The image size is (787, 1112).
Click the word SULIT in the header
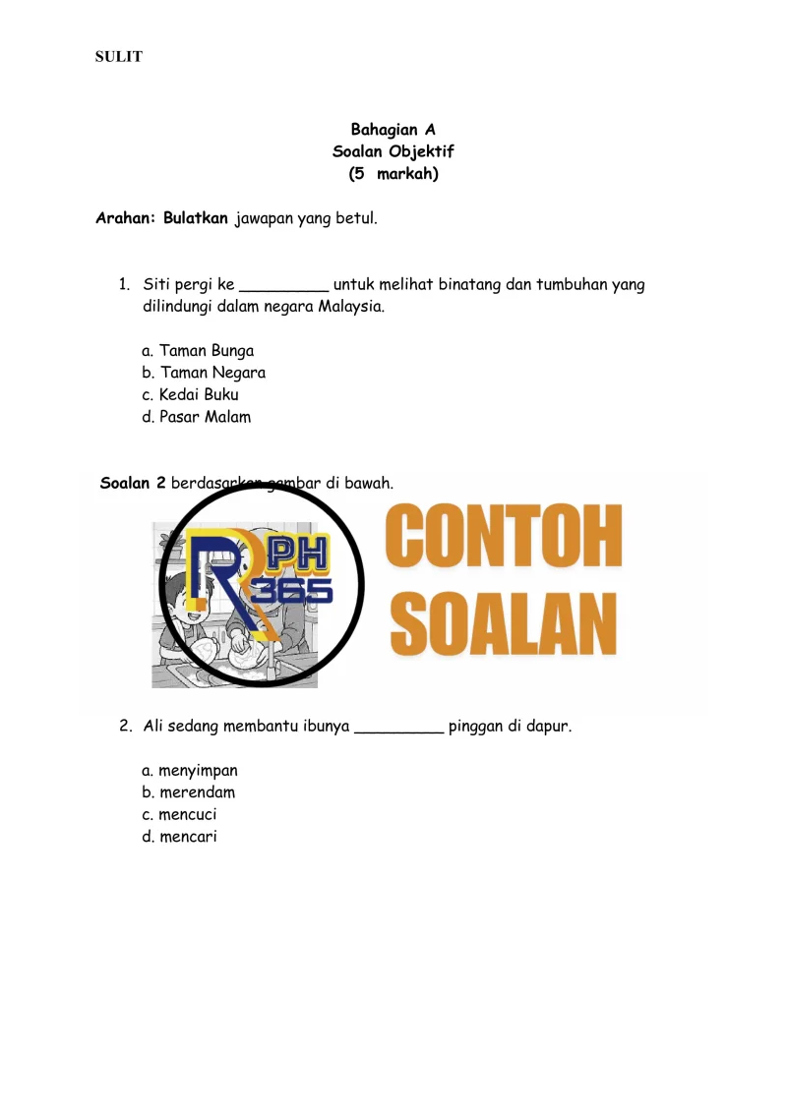tap(118, 57)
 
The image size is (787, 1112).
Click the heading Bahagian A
tap(393, 130)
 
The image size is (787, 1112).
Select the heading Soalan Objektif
tap(393, 152)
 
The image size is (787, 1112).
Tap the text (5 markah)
tap(393, 175)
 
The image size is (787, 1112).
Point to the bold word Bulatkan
tap(196, 217)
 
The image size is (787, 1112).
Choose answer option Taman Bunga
tap(206, 351)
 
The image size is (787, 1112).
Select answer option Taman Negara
tap(212, 373)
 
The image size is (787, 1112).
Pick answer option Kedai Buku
tap(198, 395)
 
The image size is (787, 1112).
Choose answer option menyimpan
tap(197, 771)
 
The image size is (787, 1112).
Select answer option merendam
tap(196, 792)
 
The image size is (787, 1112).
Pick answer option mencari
tap(187, 838)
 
